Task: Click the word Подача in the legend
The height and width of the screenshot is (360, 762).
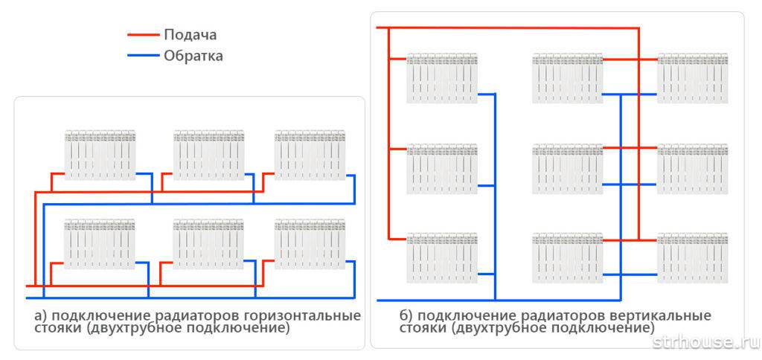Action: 190,35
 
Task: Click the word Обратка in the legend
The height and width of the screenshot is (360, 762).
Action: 193,56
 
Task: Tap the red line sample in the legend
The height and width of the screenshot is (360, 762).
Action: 144,35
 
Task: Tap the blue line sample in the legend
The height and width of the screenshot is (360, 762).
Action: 144,55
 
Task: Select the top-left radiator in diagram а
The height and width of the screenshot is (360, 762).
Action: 100,155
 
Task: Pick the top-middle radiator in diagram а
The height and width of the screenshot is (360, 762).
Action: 209,155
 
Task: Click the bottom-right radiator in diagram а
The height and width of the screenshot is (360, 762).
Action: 310,244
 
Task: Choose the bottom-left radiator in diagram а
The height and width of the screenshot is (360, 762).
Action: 100,244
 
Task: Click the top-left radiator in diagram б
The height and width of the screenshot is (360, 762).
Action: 442,78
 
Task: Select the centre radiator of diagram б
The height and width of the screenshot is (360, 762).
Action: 568,169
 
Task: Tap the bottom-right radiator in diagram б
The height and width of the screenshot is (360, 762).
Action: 693,257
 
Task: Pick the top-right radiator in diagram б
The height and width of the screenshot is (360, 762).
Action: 693,78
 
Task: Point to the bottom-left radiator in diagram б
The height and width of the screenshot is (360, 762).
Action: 442,257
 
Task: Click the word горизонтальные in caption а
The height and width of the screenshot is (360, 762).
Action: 302,316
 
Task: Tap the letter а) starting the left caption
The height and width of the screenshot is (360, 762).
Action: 40,316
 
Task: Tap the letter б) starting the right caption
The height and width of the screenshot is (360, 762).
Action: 406,316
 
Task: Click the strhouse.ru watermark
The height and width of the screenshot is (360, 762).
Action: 706,342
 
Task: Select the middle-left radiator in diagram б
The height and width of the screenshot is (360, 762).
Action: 442,169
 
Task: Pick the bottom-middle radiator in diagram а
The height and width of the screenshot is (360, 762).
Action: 208,244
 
